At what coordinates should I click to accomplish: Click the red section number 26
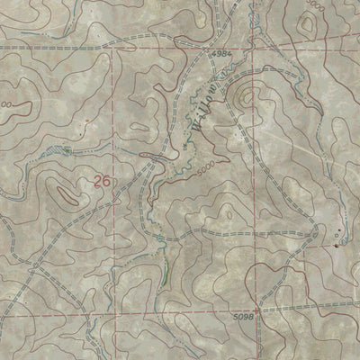coord(102,181)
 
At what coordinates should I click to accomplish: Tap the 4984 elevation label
coord(223,56)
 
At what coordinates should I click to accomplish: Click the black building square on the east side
coord(337,243)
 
